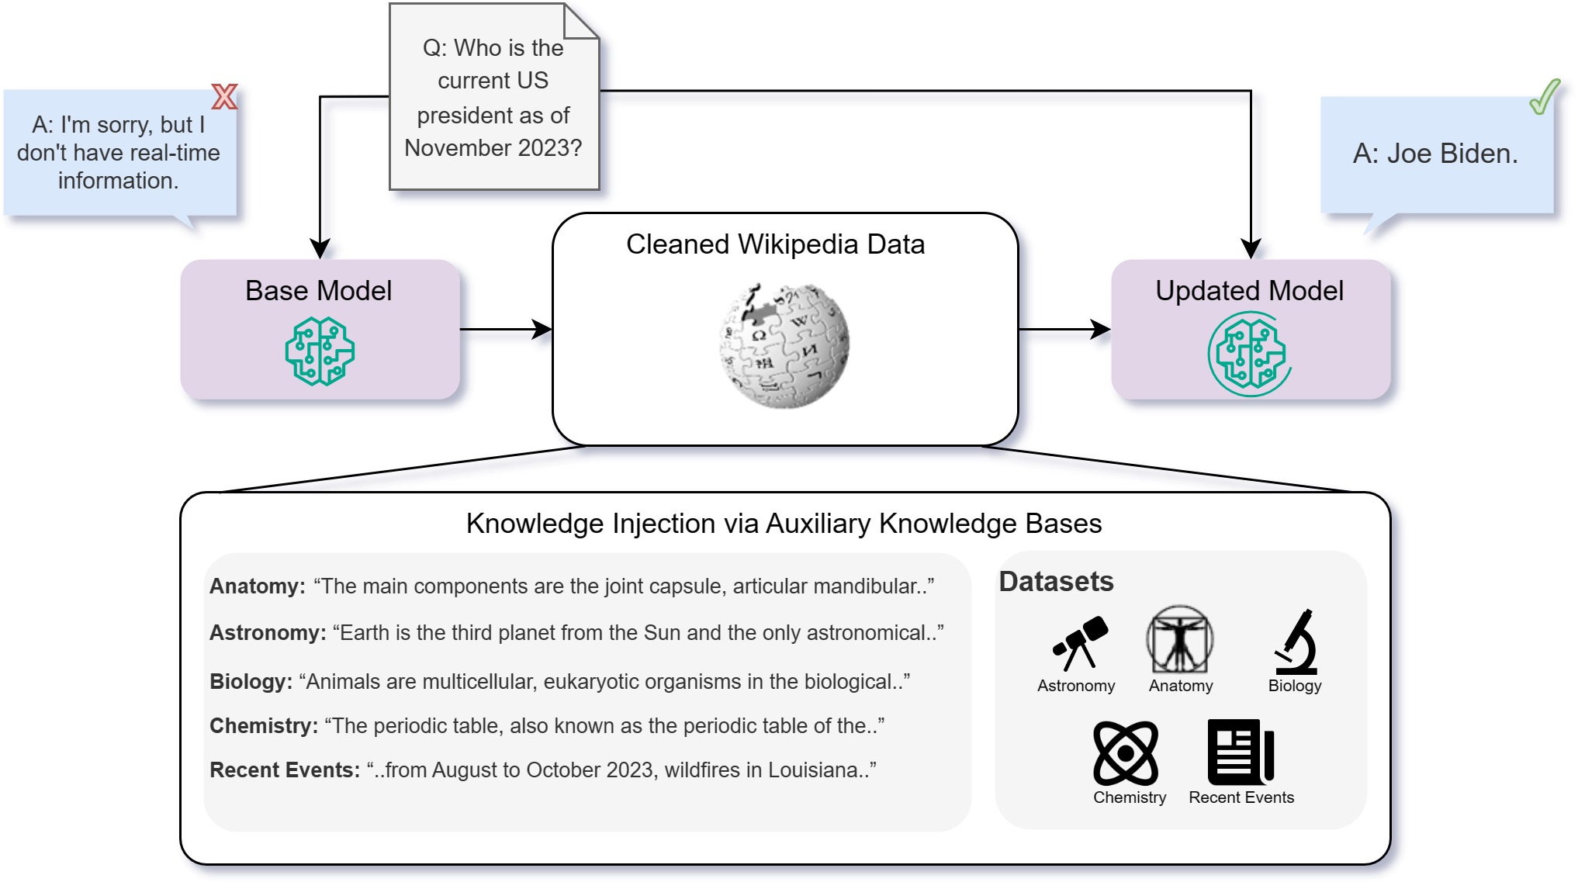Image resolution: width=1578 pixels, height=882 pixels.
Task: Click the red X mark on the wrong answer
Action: click(x=224, y=96)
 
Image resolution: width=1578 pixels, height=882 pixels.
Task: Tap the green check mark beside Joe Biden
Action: click(x=1545, y=97)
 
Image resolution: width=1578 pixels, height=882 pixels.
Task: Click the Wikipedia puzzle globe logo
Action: click(x=784, y=345)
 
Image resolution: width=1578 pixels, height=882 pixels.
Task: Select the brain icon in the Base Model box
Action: click(x=320, y=351)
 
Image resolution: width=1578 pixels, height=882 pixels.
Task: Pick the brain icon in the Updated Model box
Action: click(x=1249, y=354)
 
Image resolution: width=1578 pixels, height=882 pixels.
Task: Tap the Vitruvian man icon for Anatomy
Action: click(x=1180, y=639)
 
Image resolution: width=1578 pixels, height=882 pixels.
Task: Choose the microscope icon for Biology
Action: click(x=1296, y=642)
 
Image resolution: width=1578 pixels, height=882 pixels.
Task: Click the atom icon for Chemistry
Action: click(x=1126, y=752)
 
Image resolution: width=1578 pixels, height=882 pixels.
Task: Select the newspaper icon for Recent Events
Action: click(x=1241, y=752)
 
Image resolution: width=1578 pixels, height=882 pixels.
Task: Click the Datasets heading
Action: click(x=1056, y=581)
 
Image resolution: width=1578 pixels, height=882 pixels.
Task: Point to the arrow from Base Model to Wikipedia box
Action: click(x=506, y=329)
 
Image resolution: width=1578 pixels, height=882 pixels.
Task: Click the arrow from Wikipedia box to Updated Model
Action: click(x=1064, y=329)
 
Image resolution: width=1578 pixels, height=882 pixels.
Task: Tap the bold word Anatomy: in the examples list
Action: click(x=258, y=586)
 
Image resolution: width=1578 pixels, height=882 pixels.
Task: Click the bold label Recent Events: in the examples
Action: click(x=285, y=770)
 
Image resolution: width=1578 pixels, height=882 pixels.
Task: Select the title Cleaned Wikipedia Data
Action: click(x=775, y=244)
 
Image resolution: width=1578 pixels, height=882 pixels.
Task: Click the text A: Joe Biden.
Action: click(x=1435, y=154)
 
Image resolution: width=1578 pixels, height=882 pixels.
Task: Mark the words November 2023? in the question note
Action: click(x=493, y=147)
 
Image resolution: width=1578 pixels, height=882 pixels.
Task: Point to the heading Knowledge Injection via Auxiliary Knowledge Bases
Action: click(x=784, y=524)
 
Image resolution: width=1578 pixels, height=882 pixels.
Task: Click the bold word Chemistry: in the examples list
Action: click(x=264, y=726)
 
